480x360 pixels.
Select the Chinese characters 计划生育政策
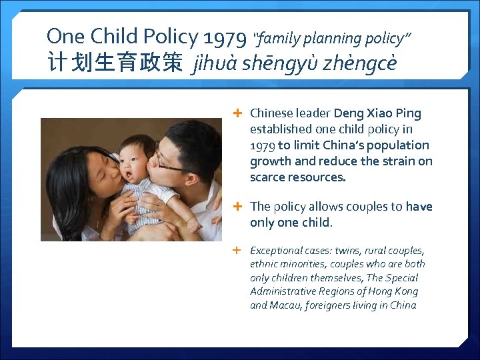point(114,64)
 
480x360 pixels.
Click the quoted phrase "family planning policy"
point(331,39)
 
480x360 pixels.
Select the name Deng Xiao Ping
point(377,113)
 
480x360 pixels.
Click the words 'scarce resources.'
point(298,177)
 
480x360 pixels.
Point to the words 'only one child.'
point(291,223)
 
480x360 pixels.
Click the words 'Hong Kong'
point(396,291)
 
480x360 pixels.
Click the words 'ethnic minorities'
point(281,264)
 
